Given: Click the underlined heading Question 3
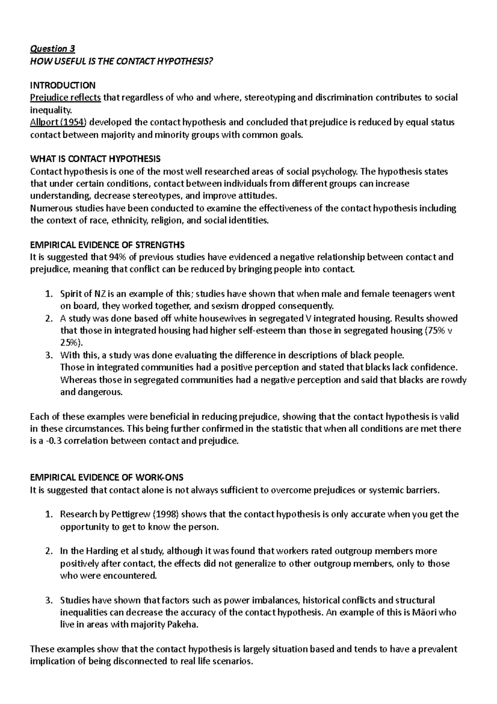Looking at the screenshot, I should coord(53,49).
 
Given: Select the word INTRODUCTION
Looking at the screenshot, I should coord(63,85).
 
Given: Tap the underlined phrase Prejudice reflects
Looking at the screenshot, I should coord(65,98).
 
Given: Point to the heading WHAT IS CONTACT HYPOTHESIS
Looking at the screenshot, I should coord(95,159).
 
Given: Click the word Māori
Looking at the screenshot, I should coord(424,612).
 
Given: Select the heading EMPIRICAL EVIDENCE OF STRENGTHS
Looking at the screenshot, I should coord(108,245).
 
